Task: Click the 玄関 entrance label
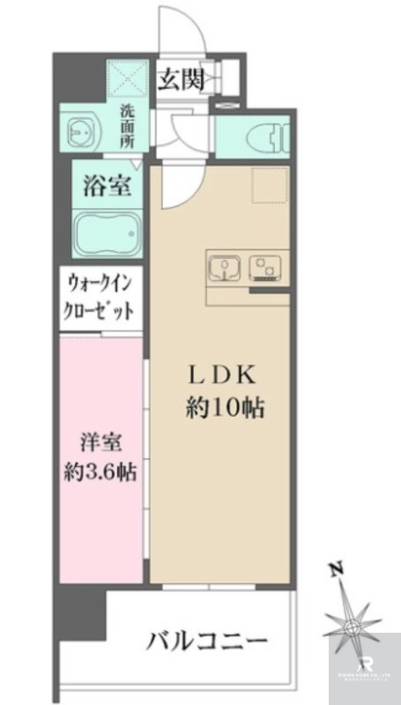click(x=181, y=79)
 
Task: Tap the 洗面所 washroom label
click(x=127, y=125)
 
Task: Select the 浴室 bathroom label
click(x=107, y=187)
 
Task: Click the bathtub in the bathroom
click(x=104, y=232)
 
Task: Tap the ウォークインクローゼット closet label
click(x=100, y=298)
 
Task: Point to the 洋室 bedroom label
click(x=100, y=441)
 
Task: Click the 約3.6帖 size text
click(x=100, y=471)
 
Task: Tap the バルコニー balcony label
click(x=206, y=641)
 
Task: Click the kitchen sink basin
click(x=223, y=266)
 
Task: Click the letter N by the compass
click(x=334, y=569)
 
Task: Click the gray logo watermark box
click(x=363, y=667)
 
